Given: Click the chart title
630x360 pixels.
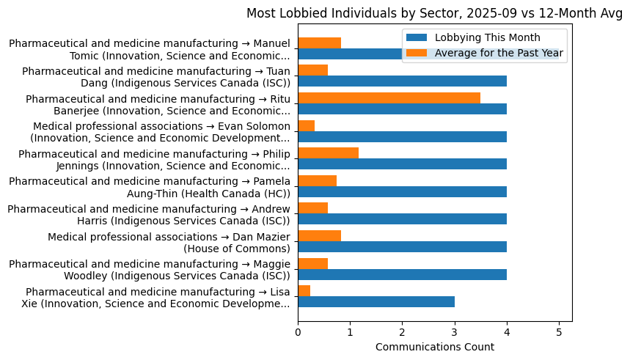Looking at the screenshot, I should click(433, 13).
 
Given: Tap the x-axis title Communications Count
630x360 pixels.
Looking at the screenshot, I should click(434, 347).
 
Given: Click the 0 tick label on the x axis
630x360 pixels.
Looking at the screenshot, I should click(298, 331).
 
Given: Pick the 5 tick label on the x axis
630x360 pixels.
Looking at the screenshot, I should click(559, 331).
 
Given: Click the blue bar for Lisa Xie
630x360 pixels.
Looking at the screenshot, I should click(376, 302).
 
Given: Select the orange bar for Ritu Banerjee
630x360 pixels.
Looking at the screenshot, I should click(389, 98).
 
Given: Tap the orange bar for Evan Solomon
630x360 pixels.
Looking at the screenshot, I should click(307, 126).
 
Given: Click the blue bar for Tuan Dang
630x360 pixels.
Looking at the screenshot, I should click(402, 81).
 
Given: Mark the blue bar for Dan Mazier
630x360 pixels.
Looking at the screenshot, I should click(402, 247).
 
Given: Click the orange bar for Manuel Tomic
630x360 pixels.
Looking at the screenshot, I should click(319, 43).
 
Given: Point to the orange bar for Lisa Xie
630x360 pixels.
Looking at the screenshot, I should click(304, 291).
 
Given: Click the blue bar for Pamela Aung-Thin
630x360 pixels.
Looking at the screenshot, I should click(402, 192).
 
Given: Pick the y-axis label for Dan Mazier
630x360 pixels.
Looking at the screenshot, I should click(169, 243).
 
